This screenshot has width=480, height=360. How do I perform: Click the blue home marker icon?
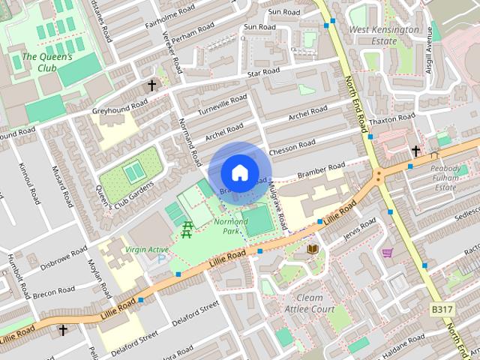point(238,172)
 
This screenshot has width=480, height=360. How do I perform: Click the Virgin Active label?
point(146,250)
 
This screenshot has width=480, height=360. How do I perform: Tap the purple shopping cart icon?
point(387,253)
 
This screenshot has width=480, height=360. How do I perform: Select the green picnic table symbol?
point(187,229)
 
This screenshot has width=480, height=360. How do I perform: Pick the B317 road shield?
point(442,309)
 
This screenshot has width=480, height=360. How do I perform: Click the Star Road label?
point(263,72)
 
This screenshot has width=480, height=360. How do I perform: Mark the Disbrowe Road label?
point(65,263)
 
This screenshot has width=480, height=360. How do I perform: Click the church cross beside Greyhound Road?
point(152,85)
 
